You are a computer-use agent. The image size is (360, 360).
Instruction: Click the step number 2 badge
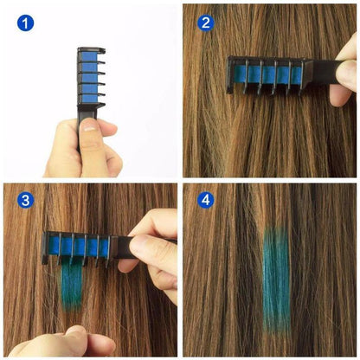206,22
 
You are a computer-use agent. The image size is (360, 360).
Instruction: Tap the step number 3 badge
26,201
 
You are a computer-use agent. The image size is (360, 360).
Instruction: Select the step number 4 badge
206,200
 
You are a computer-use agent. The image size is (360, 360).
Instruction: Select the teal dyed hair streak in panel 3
73,286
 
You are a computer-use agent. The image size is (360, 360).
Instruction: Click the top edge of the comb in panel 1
90,49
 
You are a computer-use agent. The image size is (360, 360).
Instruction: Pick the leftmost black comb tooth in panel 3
48,247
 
